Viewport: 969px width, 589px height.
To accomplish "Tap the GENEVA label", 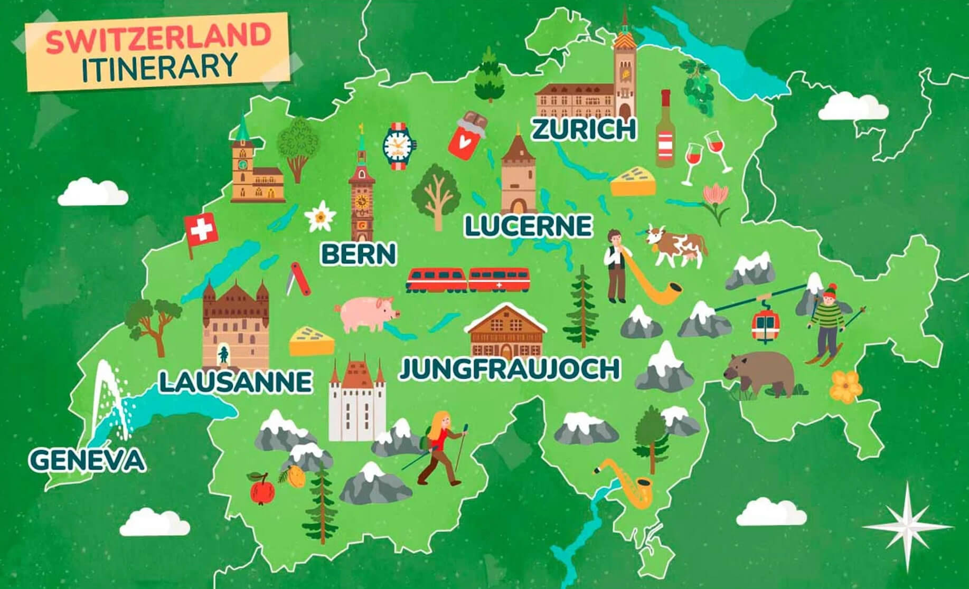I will [87, 460].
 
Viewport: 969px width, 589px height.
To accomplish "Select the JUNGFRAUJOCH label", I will [509, 369].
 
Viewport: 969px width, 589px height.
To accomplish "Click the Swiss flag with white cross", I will [200, 230].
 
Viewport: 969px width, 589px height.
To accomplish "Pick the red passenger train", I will [468, 280].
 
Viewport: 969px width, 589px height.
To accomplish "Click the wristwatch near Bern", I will [399, 146].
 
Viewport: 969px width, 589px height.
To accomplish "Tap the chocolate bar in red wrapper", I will [467, 136].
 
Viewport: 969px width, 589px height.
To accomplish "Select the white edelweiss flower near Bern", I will [319, 216].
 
